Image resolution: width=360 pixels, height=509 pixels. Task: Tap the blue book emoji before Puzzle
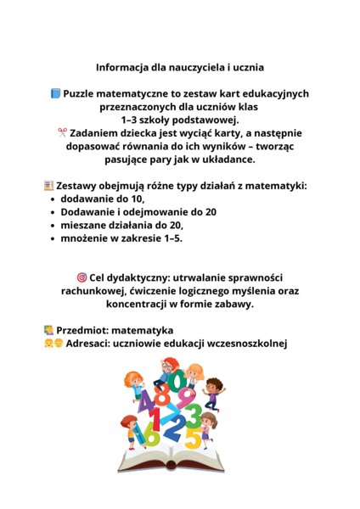click(x=56, y=93)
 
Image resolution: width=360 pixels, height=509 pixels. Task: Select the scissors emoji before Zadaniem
click(x=62, y=132)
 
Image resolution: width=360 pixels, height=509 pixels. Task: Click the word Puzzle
click(x=83, y=93)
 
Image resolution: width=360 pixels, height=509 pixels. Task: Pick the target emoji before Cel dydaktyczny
click(x=82, y=277)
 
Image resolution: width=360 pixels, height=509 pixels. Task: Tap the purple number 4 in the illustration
click(x=144, y=400)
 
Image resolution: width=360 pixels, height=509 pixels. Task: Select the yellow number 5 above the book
click(x=193, y=439)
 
